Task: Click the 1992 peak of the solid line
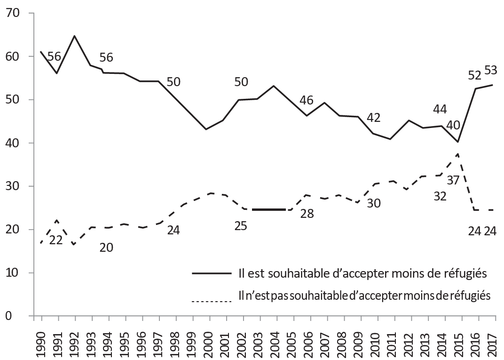tap(74, 36)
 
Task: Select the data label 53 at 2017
tap(490, 71)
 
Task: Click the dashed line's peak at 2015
tap(458, 153)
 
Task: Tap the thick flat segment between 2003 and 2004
tap(268, 209)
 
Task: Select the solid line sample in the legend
tap(212, 273)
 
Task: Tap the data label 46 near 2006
tap(307, 100)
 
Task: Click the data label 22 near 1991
tap(56, 240)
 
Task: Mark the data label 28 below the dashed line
tap(307, 214)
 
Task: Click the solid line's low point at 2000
tap(207, 129)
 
